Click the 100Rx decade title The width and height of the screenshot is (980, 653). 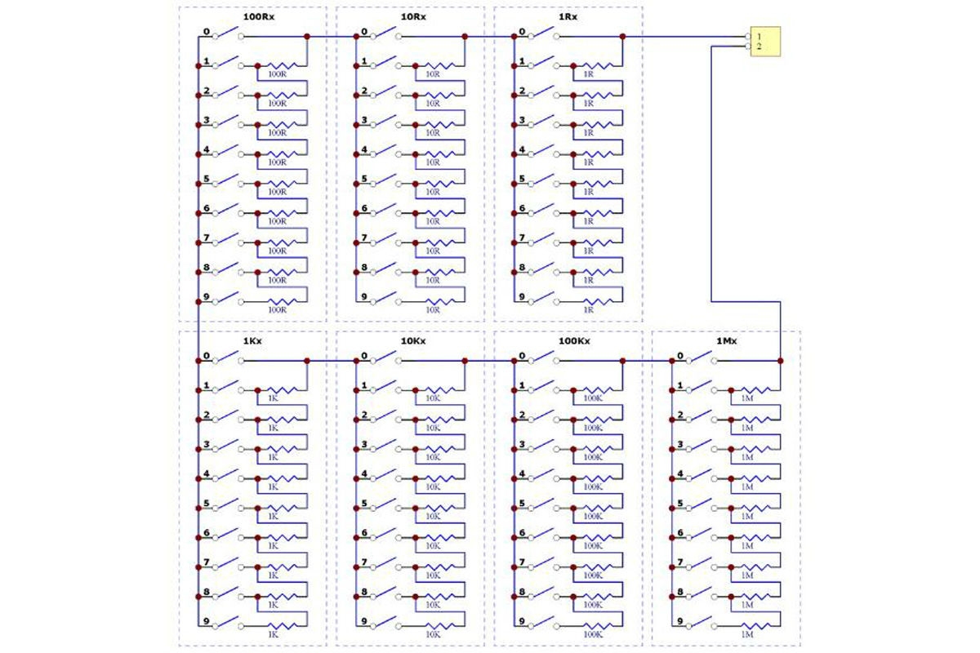[259, 16]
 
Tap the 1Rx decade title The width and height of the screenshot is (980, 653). [570, 16]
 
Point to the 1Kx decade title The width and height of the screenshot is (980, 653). [252, 340]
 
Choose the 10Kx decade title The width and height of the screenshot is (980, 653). [412, 340]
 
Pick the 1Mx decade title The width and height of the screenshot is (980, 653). [726, 340]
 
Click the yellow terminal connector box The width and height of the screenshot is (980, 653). [765, 42]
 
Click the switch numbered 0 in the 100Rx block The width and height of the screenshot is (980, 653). [227, 34]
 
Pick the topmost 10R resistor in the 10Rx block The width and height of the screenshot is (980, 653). [433, 65]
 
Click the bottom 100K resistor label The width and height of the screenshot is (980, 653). [593, 634]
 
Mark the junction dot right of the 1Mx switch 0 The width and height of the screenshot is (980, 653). [780, 360]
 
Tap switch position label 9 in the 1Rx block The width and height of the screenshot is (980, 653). [522, 296]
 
